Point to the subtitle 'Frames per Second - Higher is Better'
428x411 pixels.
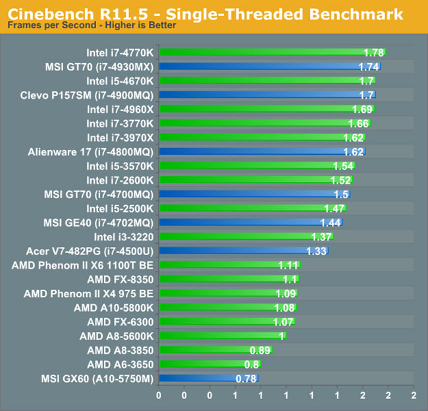coord(92,26)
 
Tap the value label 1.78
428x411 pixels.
coord(373,52)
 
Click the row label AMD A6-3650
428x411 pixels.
coord(120,364)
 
